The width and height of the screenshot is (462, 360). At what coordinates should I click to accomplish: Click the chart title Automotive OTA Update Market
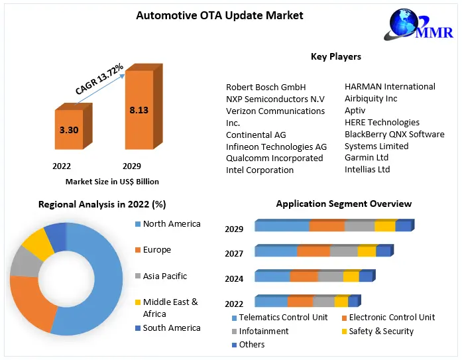coord(210,15)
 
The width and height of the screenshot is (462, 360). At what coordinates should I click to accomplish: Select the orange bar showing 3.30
coord(68,131)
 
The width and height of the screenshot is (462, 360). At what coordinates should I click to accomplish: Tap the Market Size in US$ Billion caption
coord(112,181)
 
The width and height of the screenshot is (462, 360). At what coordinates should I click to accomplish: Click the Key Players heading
coord(335,57)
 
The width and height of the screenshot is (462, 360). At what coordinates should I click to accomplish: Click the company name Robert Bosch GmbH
coord(266,87)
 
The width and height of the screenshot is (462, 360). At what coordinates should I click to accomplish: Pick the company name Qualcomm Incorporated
coord(274,158)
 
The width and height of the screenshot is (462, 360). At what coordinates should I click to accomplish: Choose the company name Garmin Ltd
coord(367,158)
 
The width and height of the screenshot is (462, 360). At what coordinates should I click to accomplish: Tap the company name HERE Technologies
coord(382,123)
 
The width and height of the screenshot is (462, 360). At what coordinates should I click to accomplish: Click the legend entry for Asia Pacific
coord(165,276)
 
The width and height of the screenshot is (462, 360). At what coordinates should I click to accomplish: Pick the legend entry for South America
coord(171,328)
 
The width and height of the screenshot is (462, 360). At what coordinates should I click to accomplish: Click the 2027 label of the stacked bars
coord(234,253)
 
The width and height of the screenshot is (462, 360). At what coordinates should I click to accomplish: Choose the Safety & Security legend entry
coord(381,331)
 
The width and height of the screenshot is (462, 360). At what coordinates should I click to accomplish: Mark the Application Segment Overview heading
coord(343,204)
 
